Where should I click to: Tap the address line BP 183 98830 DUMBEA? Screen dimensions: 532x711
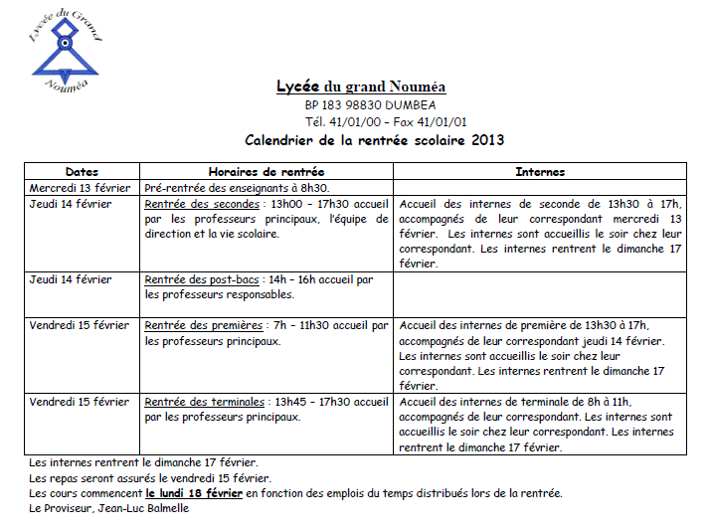370,105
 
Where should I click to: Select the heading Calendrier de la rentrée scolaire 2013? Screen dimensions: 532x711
375,140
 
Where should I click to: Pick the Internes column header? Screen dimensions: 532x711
540,172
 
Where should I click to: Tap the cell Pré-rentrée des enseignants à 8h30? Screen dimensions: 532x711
237,187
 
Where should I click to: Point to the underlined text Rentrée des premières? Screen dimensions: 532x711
204,325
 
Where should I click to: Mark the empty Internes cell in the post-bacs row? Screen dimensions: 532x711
540,294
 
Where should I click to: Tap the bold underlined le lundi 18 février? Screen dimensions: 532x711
194,493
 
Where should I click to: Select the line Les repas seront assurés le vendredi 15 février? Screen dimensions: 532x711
150,477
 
